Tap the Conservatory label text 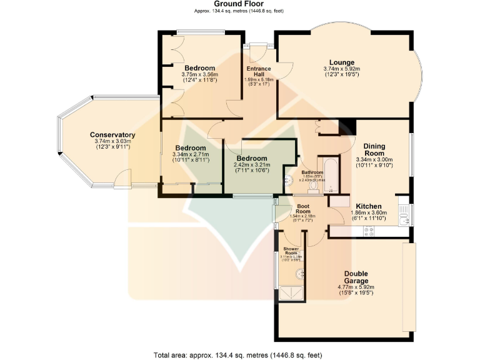[x=112, y=135]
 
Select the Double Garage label [x=355, y=277]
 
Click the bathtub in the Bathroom [x=332, y=176]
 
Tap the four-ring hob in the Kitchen [x=369, y=232]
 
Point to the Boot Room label [x=303, y=206]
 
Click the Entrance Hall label [x=258, y=71]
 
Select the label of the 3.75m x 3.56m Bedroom [x=199, y=68]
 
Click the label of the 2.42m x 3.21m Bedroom [x=252, y=159]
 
